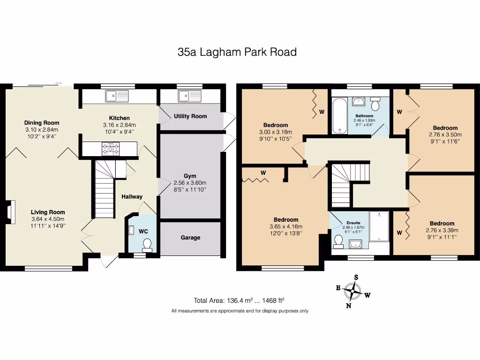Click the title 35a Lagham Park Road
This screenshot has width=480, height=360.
click(237, 52)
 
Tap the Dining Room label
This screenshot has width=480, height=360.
click(42, 123)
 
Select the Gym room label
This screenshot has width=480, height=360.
click(190, 176)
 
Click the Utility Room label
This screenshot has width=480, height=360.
click(190, 116)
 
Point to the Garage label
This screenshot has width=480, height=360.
click(190, 238)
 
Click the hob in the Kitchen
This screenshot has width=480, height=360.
click(111, 149)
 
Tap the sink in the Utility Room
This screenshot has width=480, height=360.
click(190, 96)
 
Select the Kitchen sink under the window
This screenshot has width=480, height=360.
click(117, 96)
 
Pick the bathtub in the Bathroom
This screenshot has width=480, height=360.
click(339, 116)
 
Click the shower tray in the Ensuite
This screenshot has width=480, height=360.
click(379, 226)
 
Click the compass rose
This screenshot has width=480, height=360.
click(353, 291)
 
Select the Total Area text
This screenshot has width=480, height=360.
click(239, 300)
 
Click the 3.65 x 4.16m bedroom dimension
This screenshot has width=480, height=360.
click(286, 227)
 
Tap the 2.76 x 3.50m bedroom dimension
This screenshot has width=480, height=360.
click(445, 135)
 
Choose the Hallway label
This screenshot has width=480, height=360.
click(132, 197)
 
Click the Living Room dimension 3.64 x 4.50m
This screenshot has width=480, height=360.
click(48, 219)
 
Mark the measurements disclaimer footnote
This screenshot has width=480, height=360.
click(240, 311)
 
